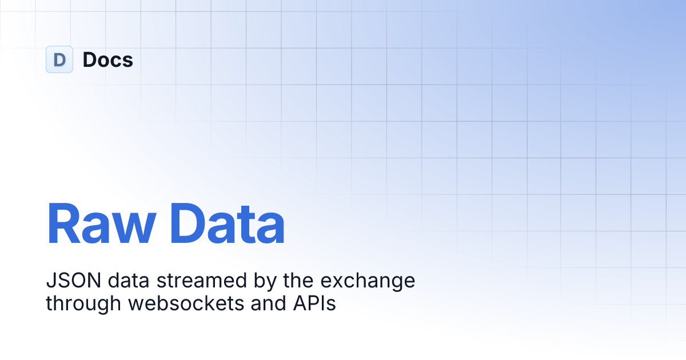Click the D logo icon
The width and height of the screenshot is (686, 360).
point(59,59)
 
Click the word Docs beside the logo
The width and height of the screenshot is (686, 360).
point(107,59)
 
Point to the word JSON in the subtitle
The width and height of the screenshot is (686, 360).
point(65,281)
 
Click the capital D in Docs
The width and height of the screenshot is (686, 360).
point(90,59)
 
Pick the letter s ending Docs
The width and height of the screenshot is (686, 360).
point(128,61)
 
